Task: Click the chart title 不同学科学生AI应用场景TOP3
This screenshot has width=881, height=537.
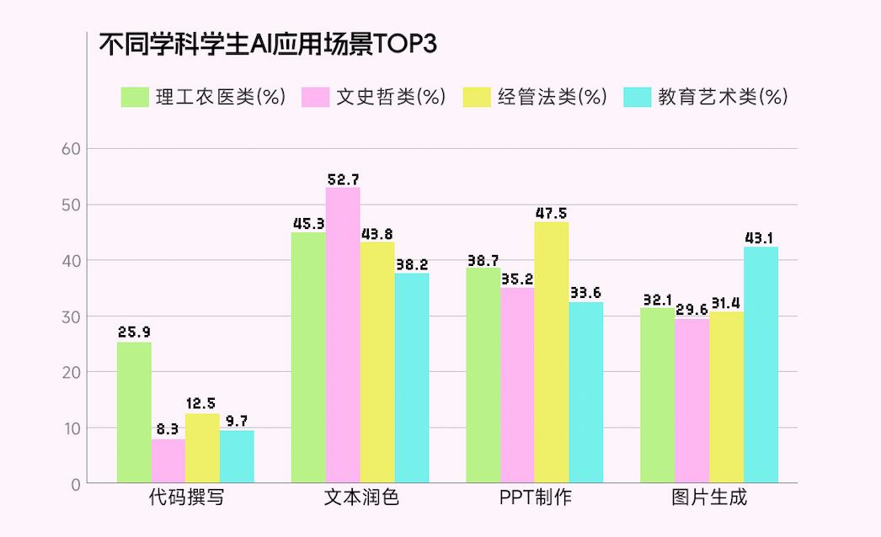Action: click(268, 44)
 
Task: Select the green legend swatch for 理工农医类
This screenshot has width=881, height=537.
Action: click(135, 97)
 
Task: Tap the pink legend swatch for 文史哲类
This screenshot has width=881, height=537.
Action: click(315, 97)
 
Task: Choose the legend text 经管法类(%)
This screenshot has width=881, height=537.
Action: click(552, 97)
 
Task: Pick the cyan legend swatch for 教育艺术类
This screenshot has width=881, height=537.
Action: click(638, 97)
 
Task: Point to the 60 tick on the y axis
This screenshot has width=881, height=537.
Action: click(71, 149)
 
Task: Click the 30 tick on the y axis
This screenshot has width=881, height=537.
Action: click(71, 316)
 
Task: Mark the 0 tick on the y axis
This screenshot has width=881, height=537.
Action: click(75, 484)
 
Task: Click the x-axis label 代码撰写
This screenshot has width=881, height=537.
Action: click(185, 497)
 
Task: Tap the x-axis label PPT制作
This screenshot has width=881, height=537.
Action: click(535, 497)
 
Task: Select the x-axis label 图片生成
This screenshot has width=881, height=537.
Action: click(709, 497)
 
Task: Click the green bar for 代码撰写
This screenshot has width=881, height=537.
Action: click(134, 412)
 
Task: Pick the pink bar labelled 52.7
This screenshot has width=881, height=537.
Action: click(343, 335)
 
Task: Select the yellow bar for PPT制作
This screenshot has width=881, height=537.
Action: click(552, 352)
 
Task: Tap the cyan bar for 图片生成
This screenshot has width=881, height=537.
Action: click(761, 364)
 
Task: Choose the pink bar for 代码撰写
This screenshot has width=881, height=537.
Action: click(168, 460)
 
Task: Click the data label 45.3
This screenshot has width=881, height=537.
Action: click(308, 224)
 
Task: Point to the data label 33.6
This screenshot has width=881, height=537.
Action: click(585, 293)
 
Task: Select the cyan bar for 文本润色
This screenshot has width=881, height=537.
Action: click(412, 378)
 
